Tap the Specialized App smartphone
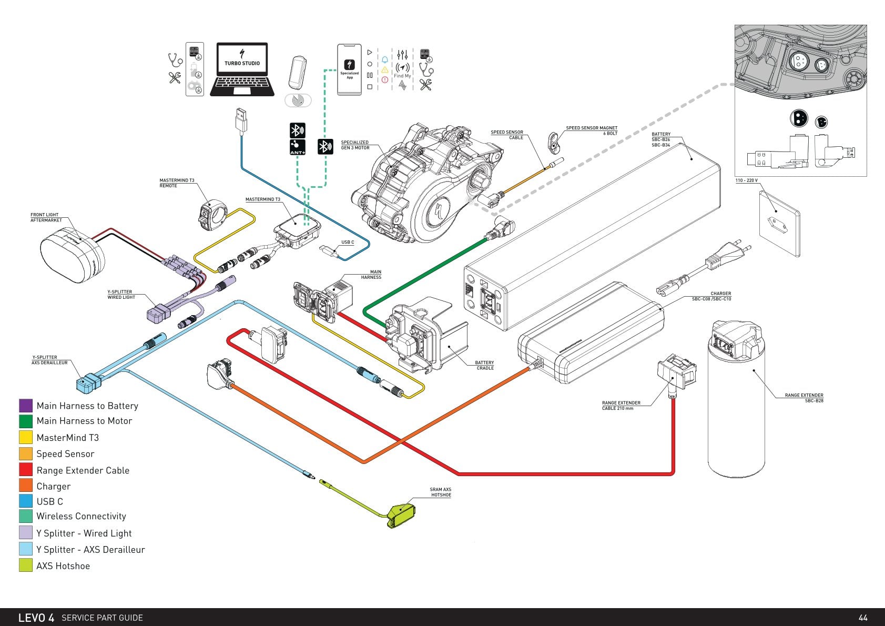(349, 69)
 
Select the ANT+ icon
(298, 147)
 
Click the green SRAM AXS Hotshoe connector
(401, 516)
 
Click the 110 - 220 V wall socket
(779, 224)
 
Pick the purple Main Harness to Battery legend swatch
(26, 406)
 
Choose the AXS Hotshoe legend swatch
(26, 565)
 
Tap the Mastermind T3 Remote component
(212, 215)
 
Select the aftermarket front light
(72, 255)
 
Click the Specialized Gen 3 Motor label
(355, 145)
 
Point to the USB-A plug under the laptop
(241, 121)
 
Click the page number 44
(863, 618)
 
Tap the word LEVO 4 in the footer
(36, 618)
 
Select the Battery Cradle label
(485, 365)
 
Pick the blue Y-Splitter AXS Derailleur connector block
(88, 382)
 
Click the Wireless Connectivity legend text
(82, 516)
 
